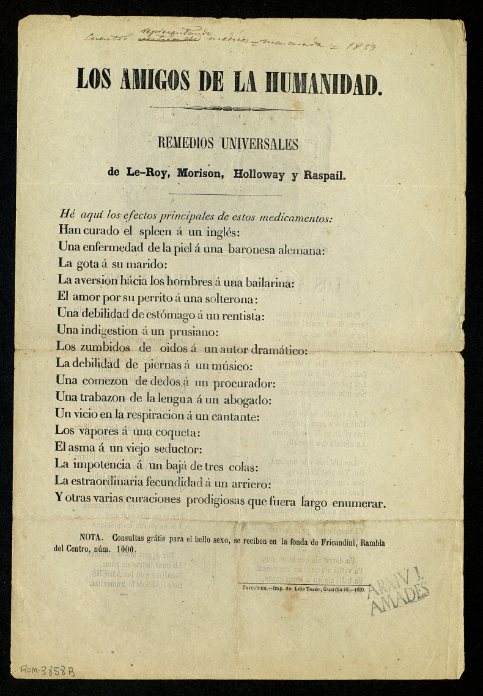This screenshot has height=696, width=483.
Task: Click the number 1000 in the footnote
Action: tap(125, 549)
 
